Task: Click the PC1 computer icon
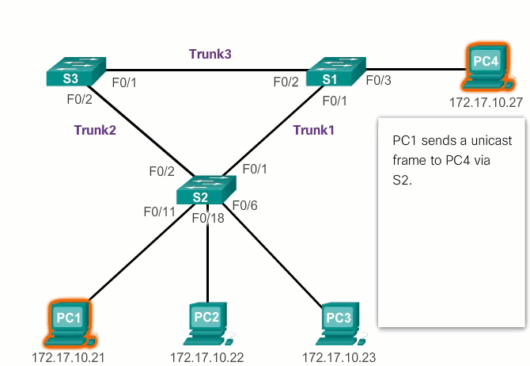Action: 68,324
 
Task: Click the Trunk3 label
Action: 210,54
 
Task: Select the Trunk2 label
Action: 95,130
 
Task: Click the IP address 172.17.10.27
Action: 486,102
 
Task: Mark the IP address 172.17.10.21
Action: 68,357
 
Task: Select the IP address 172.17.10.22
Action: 207,357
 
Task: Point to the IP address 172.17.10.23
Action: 339,357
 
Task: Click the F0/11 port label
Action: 159,212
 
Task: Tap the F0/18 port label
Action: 208,218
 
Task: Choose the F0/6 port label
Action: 248,206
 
